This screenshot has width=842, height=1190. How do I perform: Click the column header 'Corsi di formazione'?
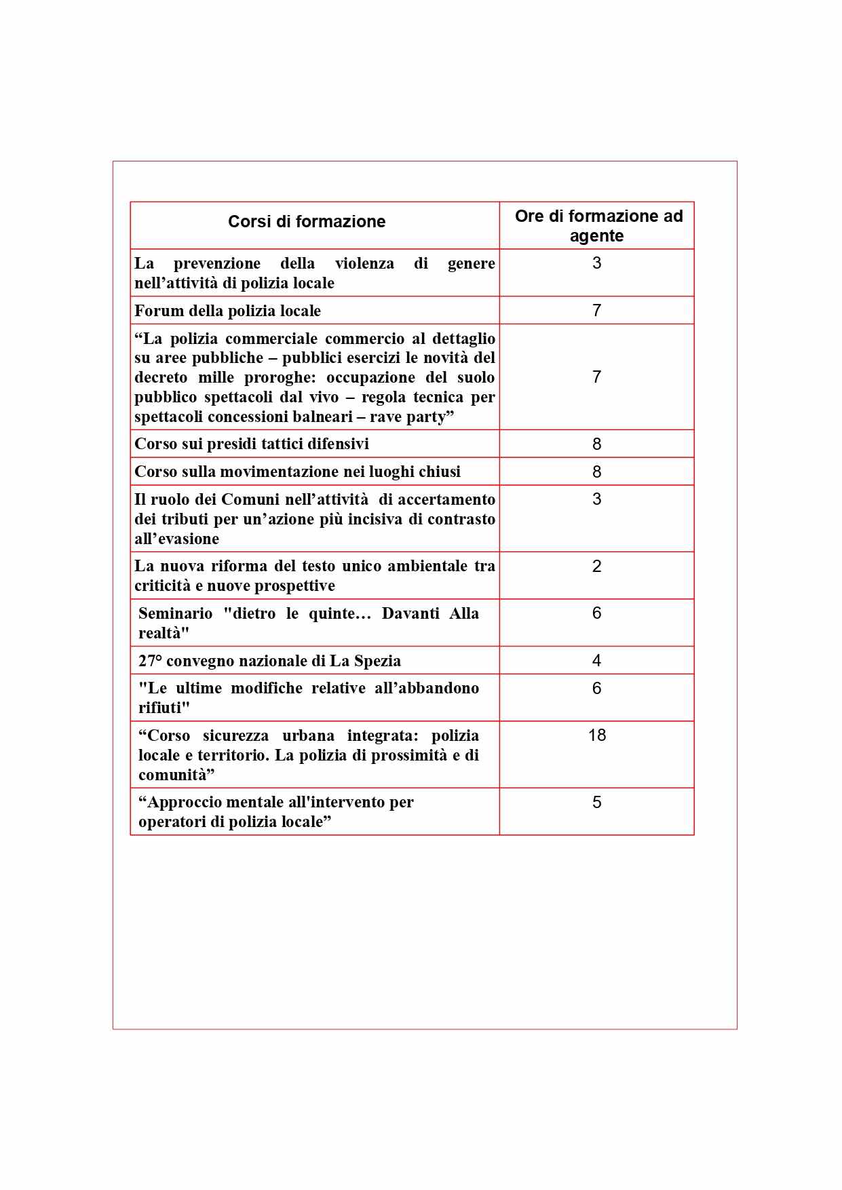point(307,222)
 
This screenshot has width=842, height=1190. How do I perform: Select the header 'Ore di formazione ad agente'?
point(598,226)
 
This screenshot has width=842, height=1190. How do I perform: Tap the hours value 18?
point(597,735)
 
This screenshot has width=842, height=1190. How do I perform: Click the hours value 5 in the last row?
point(597,803)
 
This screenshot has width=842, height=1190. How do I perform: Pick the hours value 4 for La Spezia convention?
point(597,661)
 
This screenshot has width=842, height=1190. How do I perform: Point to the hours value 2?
point(597,567)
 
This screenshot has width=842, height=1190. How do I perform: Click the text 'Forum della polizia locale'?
point(227,311)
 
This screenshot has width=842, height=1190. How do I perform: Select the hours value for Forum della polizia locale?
point(597,311)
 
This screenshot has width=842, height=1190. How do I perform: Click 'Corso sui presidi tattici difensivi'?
point(252,444)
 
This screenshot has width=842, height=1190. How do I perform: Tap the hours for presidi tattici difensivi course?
point(597,444)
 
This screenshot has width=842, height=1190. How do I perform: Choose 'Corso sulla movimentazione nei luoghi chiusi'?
point(297,472)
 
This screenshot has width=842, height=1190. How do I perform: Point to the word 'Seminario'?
point(175,613)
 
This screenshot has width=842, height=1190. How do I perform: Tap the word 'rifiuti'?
point(164,708)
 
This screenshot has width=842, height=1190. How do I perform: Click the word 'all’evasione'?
point(176,539)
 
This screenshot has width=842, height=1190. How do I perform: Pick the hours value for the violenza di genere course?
point(597,263)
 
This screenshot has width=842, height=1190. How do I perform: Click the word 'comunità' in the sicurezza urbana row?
point(176,775)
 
